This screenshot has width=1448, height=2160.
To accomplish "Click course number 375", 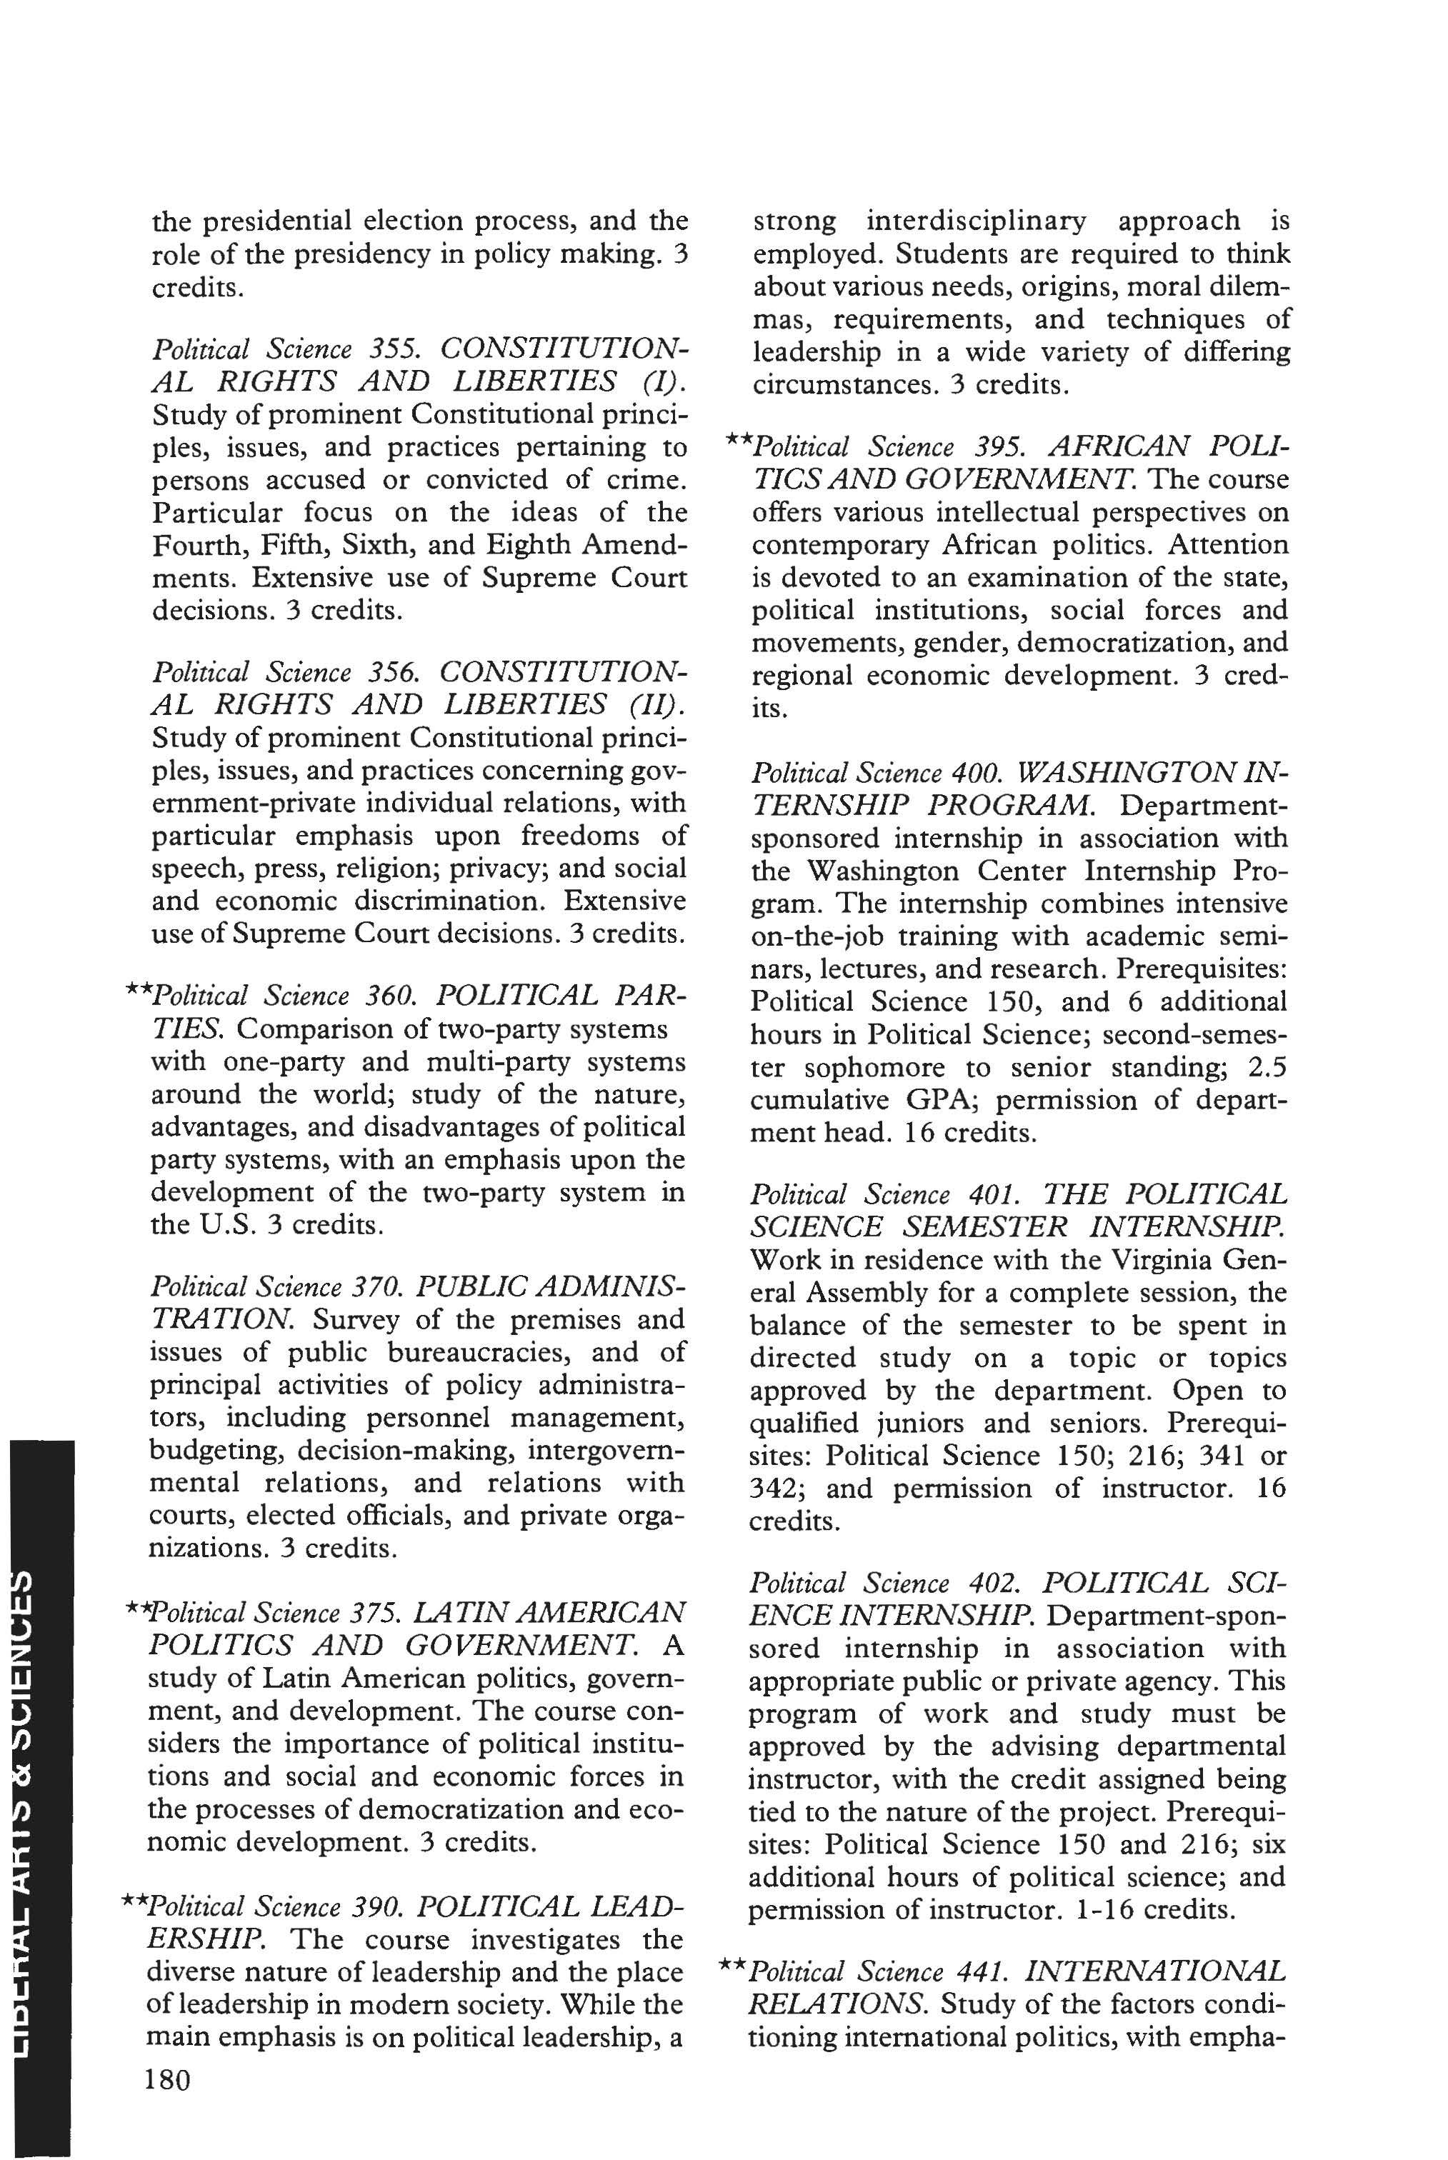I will [374, 1612].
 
